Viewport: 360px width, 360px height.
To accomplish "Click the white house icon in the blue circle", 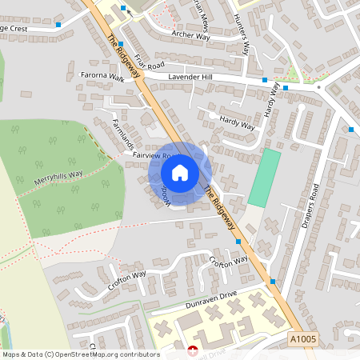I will coord(180,173).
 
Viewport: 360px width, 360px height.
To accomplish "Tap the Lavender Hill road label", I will coord(191,77).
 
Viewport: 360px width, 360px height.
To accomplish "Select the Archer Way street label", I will coord(191,34).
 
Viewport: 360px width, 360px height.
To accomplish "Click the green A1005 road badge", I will coord(304,339).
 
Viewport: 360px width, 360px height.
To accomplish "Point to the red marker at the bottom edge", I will coord(192,350).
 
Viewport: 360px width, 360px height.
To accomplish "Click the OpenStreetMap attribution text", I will coord(81,354).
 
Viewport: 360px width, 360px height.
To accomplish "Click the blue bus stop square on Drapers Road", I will coord(351,129).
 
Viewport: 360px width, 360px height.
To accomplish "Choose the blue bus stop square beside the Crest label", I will coord(58,25).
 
